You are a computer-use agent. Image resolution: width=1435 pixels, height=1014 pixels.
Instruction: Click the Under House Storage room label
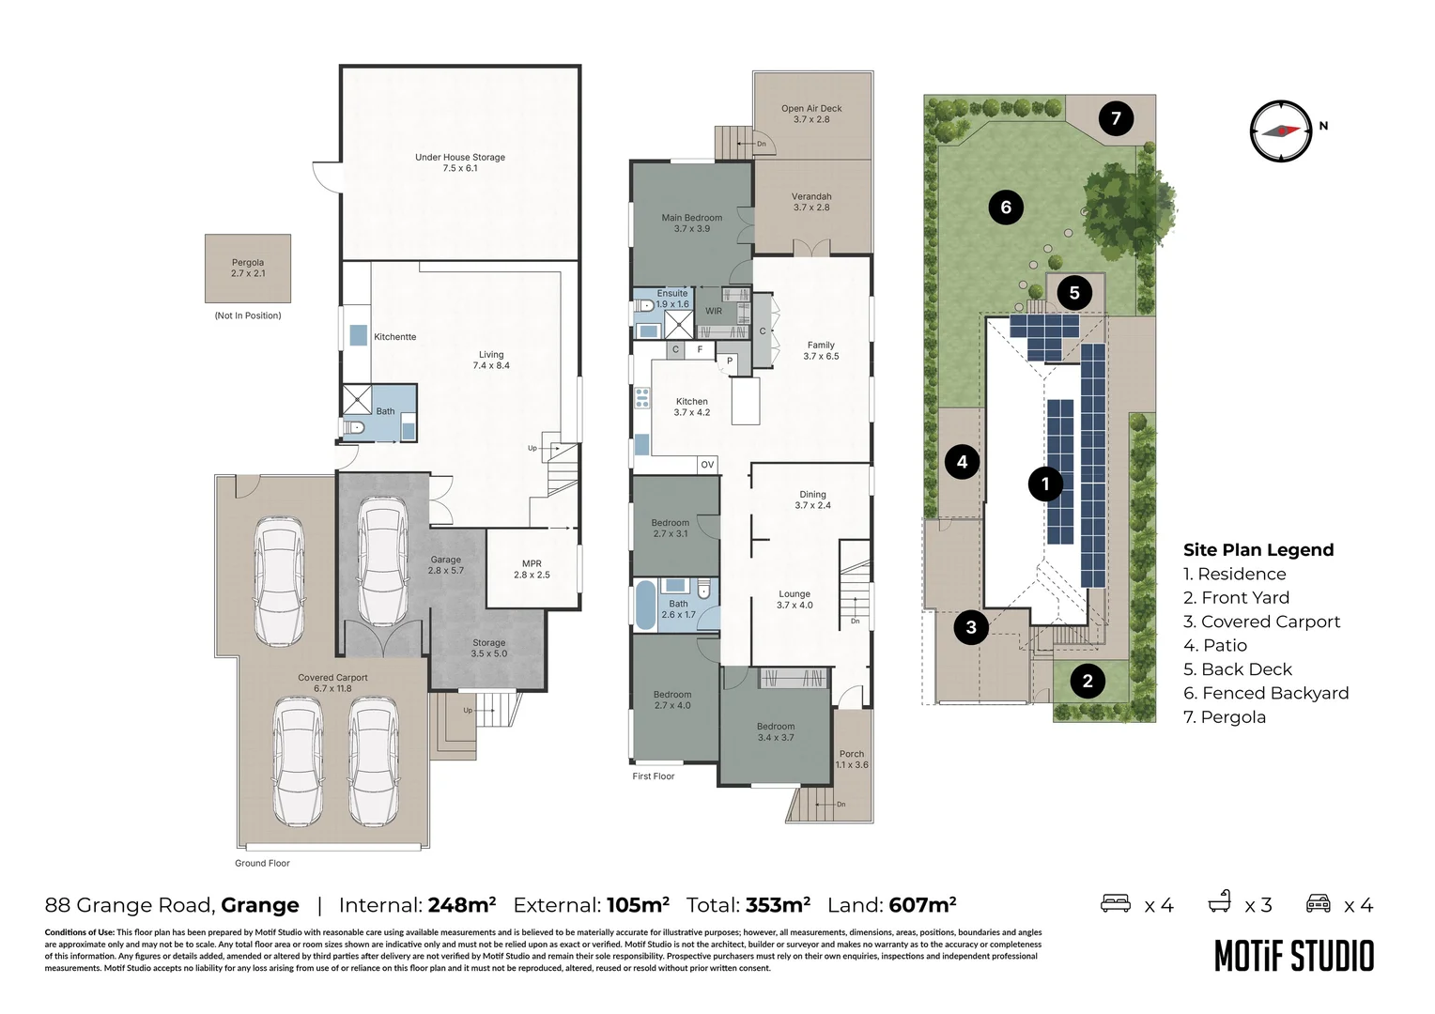460,162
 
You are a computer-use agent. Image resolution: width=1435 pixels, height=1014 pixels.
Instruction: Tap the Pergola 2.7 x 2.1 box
248,268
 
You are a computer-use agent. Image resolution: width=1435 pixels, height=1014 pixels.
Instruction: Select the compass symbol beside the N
1281,131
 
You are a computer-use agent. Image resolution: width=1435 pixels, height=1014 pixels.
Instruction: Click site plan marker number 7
1116,118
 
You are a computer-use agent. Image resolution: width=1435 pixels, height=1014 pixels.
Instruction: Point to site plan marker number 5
1074,293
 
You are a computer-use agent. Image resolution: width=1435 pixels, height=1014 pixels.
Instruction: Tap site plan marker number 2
1088,681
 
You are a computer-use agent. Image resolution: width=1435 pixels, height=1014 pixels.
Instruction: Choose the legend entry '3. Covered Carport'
1261,622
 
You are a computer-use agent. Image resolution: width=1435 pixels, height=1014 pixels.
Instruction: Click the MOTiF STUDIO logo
1294,957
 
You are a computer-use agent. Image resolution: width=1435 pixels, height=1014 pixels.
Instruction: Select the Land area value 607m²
922,904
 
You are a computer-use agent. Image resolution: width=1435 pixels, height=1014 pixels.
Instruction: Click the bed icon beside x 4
1116,903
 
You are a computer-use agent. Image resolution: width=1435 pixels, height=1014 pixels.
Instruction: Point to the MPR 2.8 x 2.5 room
532,569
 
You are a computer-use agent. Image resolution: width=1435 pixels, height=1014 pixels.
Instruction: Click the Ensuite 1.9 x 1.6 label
672,299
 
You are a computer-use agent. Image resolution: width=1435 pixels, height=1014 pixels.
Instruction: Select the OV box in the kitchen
707,465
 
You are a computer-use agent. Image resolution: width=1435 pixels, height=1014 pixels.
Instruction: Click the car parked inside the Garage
382,562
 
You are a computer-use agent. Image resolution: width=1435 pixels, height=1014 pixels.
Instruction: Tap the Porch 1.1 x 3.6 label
852,759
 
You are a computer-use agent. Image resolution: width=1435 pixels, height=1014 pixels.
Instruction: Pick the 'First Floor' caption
654,776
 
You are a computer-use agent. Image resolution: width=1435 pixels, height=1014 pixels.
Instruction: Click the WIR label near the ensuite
714,311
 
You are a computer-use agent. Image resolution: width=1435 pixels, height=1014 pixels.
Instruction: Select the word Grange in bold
260,905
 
